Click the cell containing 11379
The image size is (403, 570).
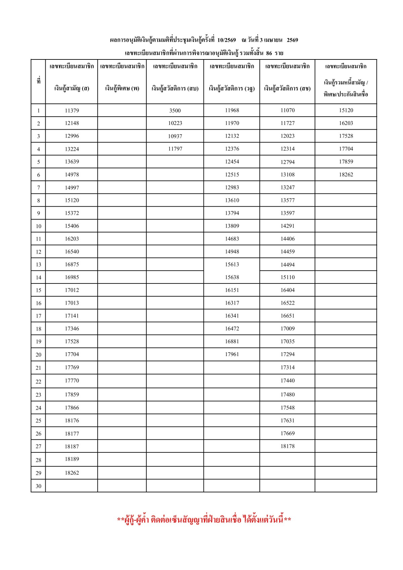point(72,111)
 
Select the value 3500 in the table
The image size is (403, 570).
point(175,111)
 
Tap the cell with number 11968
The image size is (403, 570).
point(232,110)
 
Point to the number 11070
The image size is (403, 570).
point(287,110)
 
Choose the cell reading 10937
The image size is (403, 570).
point(175,136)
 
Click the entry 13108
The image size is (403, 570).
point(287,175)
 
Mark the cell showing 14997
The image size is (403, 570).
point(72,188)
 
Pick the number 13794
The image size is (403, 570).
point(232,213)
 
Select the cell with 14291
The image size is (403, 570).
point(287,226)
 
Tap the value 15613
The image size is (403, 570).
point(232,264)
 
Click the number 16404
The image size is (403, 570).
point(287,290)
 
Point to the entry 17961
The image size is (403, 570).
point(232,354)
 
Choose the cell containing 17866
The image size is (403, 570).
point(72,408)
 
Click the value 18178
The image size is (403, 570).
point(287,446)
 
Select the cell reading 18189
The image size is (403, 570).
point(72,459)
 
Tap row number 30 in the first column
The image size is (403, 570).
point(38,486)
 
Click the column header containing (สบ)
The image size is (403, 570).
point(175,88)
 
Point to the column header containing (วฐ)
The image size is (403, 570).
point(232,88)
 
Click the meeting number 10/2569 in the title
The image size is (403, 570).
point(227,40)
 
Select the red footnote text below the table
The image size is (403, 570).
point(204,520)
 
